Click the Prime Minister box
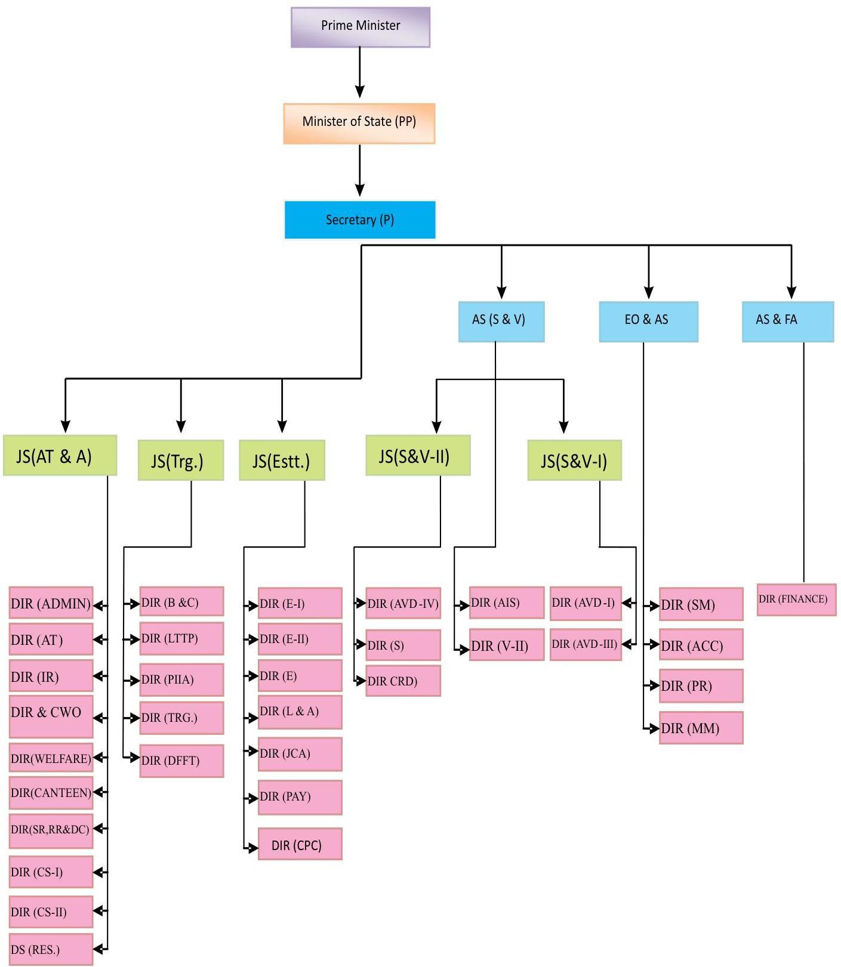pyautogui.click(x=360, y=27)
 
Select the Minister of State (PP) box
pyautogui.click(x=359, y=123)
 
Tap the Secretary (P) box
pyautogui.click(x=360, y=220)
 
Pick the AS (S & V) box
pyautogui.click(x=501, y=321)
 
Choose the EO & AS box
pyautogui.click(x=648, y=321)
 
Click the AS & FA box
pyautogui.click(x=787, y=321)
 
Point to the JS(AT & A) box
pyautogui.click(x=60, y=455)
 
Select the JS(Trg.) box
pyautogui.click(x=180, y=460)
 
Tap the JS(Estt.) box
pyautogui.click(x=282, y=460)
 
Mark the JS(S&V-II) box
pyautogui.click(x=418, y=455)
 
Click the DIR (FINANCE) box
pyautogui.click(x=796, y=600)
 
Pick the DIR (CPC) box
pyautogui.click(x=300, y=844)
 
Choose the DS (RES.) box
pyautogui.click(x=51, y=949)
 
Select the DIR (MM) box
pyautogui.click(x=701, y=727)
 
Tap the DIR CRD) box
pyautogui.click(x=403, y=681)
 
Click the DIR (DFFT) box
pyautogui.click(x=181, y=761)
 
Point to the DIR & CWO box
pyautogui.click(x=51, y=716)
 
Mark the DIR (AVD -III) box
pyautogui.click(x=586, y=644)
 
